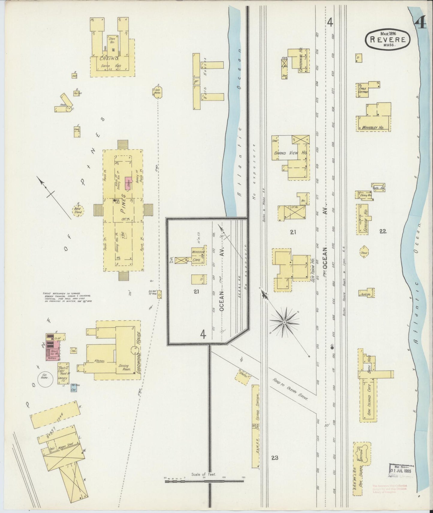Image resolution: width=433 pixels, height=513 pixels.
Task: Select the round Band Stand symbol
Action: point(78,210)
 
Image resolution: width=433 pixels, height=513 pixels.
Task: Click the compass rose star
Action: point(283,322)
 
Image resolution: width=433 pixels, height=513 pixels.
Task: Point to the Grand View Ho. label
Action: point(291,153)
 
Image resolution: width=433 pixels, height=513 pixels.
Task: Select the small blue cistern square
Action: point(74,388)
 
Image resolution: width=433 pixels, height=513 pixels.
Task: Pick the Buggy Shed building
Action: point(56,415)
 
